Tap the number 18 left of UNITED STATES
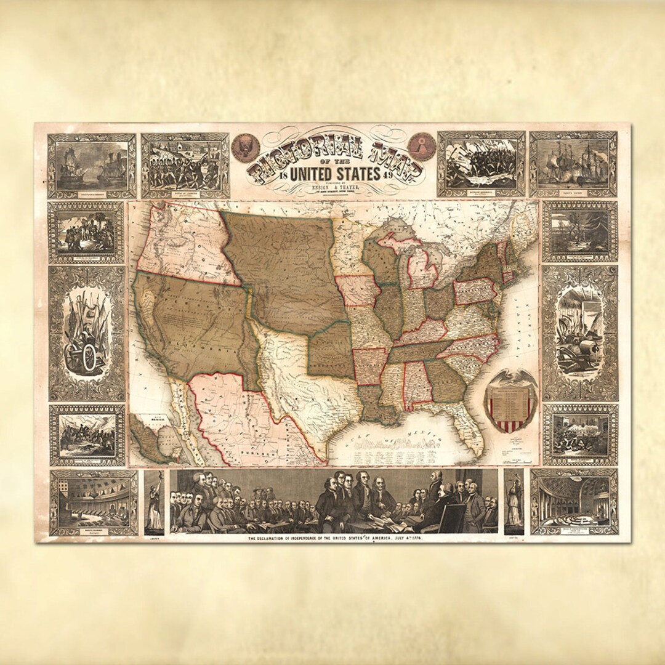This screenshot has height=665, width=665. click(283, 175)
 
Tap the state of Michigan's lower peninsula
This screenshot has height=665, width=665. click(423, 267)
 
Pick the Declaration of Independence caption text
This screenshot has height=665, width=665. click(335, 539)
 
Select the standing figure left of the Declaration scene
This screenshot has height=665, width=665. click(154, 502)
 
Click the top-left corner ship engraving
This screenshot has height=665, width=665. click(92, 165)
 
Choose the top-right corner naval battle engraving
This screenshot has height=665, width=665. click(573, 164)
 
